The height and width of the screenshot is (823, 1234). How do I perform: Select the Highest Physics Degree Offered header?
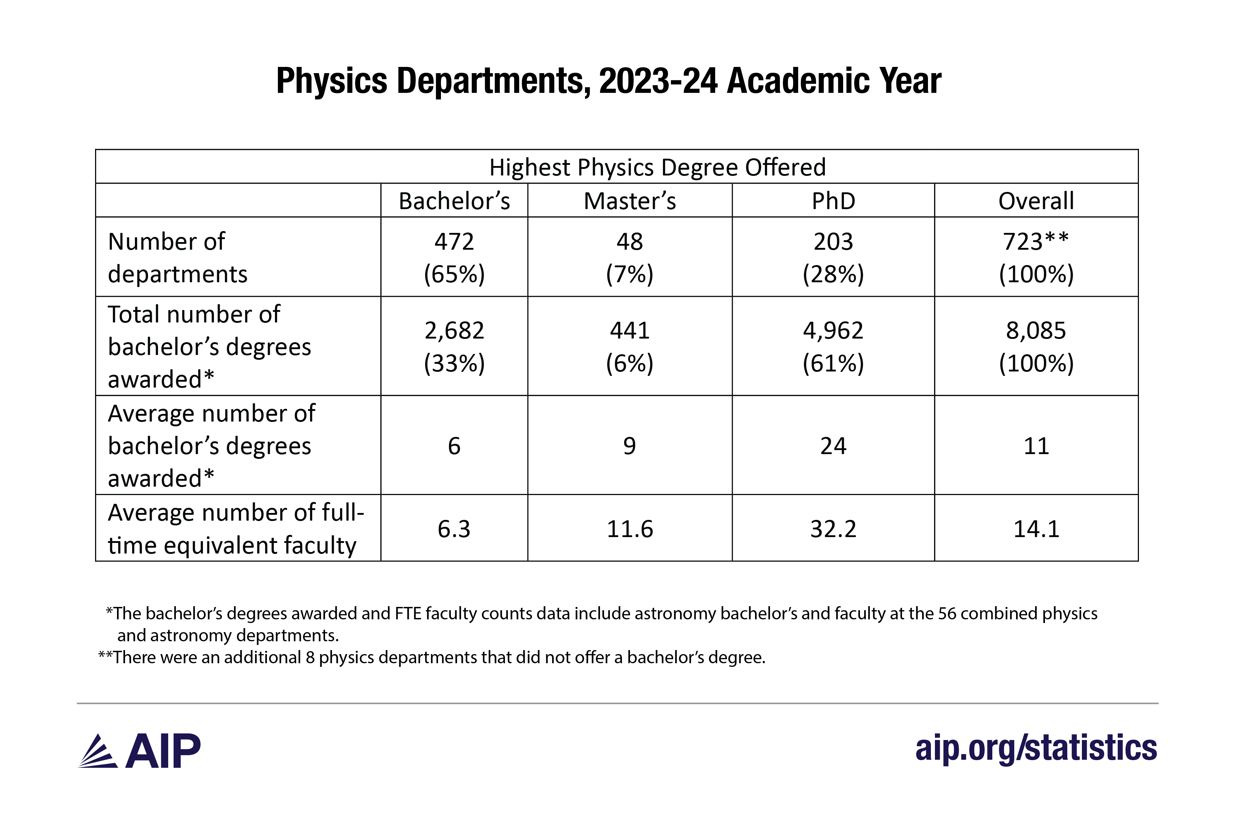click(x=657, y=167)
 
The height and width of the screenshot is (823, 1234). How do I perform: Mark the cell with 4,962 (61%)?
click(x=833, y=346)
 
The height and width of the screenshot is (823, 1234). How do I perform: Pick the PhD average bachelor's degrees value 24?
click(x=833, y=446)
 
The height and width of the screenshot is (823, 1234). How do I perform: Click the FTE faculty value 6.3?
click(x=454, y=529)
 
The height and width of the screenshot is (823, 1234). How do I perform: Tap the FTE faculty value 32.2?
click(x=833, y=529)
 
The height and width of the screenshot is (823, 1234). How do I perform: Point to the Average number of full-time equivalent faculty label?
click(x=236, y=529)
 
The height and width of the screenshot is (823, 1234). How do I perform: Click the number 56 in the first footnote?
click(x=947, y=614)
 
